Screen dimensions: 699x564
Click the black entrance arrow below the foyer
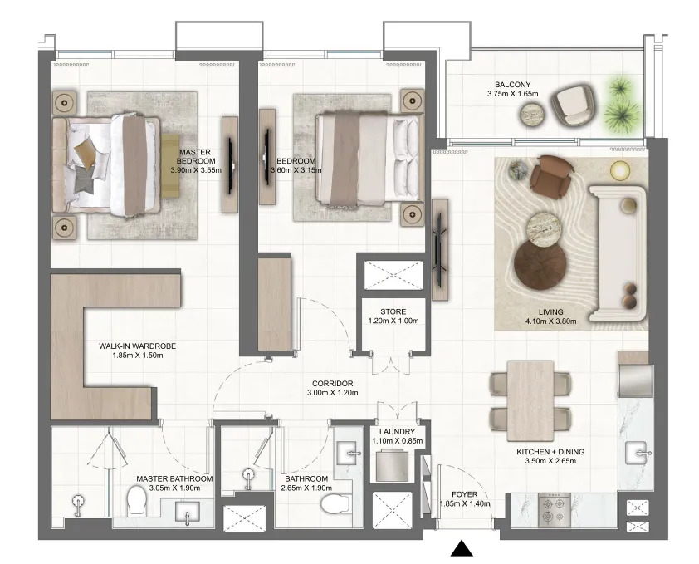tap(462, 548)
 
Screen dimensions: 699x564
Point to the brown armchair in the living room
tap(550, 177)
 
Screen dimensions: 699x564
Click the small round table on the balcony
tap(532, 115)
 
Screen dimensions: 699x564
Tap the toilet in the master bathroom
tap(136, 500)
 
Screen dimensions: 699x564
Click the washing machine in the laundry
tap(393, 466)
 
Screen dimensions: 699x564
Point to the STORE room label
tap(393, 311)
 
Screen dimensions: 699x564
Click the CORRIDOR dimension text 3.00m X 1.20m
tap(333, 393)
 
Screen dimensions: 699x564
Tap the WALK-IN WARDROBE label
tap(137, 346)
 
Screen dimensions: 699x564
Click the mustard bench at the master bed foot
tap(170, 165)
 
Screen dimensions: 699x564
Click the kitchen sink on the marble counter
tap(637, 453)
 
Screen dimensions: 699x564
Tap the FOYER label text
tap(465, 494)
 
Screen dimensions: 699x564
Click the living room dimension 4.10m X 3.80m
tap(551, 321)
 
